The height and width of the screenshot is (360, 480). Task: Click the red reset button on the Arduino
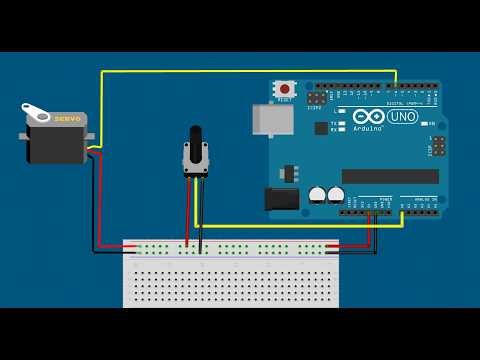click(x=285, y=89)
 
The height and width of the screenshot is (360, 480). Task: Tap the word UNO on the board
click(x=403, y=116)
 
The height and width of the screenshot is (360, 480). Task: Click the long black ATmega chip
click(x=390, y=176)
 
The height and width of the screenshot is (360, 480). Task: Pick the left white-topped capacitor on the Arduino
click(x=317, y=194)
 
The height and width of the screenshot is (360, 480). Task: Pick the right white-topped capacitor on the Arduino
click(x=336, y=194)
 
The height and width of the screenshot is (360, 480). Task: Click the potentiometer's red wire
click(x=187, y=215)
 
